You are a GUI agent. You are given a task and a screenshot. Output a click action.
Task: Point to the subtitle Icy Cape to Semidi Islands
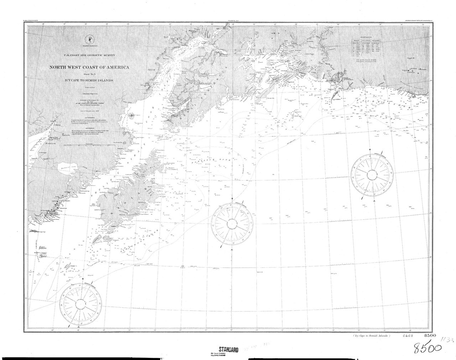point(89,80)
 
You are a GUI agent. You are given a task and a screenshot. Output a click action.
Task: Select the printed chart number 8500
point(430,335)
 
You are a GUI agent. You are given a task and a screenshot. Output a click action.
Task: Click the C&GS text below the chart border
point(408,336)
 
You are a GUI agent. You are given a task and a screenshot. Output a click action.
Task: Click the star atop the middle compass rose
point(232,198)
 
